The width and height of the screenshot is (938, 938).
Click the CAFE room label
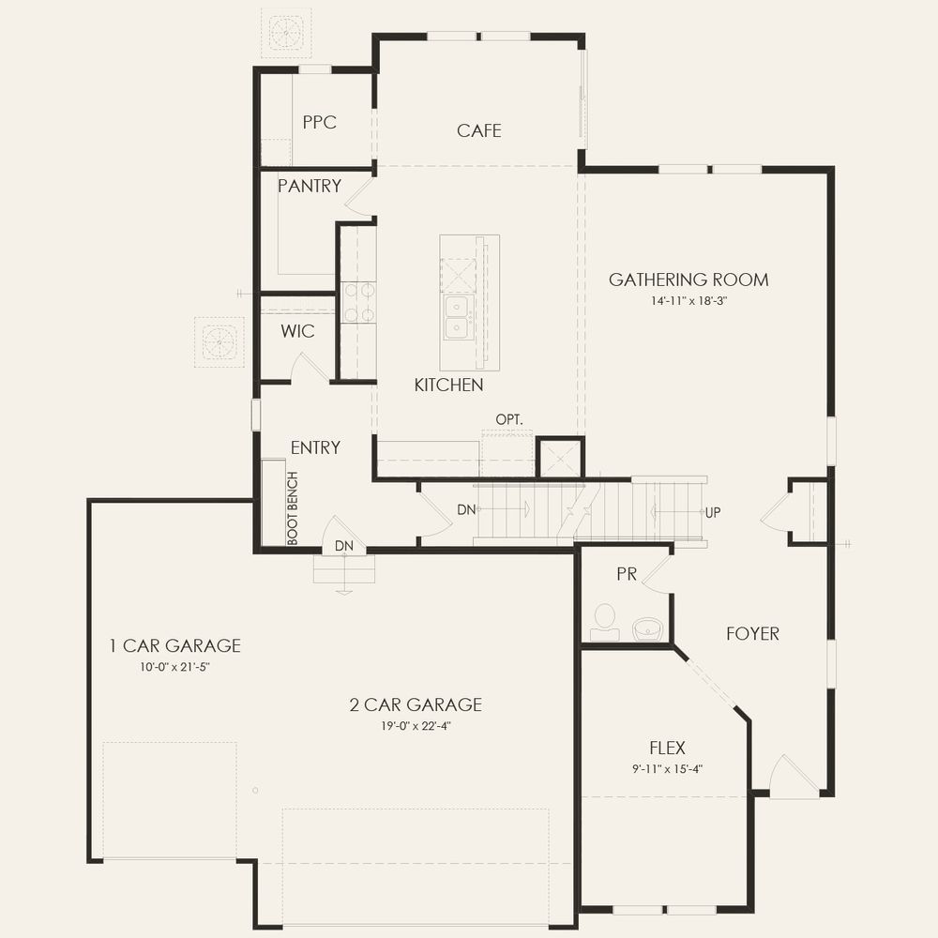pyautogui.click(x=478, y=130)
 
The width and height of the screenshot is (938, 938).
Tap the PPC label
pyautogui.click(x=320, y=122)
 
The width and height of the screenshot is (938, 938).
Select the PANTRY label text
pyautogui.click(x=310, y=186)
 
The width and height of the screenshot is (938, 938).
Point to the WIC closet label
pyautogui.click(x=297, y=331)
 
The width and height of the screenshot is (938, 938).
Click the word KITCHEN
pyautogui.click(x=448, y=385)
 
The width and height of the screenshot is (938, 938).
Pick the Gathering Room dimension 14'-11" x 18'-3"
pyautogui.click(x=688, y=300)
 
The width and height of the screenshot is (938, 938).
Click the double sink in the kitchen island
pyautogui.click(x=459, y=317)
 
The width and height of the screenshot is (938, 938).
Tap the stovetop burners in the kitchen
pyautogui.click(x=358, y=303)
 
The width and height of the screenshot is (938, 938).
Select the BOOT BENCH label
pyautogui.click(x=293, y=508)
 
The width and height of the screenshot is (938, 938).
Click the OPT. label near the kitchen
pyautogui.click(x=509, y=419)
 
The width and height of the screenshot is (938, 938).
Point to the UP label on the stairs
pyautogui.click(x=713, y=512)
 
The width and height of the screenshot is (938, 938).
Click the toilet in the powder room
pyautogui.click(x=605, y=622)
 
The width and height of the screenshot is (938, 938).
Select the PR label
pyautogui.click(x=627, y=574)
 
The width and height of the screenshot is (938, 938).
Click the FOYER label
pyautogui.click(x=752, y=633)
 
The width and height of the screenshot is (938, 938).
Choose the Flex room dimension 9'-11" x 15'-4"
pyautogui.click(x=667, y=769)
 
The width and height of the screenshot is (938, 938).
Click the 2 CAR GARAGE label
pyautogui.click(x=416, y=704)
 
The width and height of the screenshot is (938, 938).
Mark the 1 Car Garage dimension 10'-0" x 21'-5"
pyautogui.click(x=174, y=666)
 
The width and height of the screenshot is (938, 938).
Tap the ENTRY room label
pyautogui.click(x=315, y=447)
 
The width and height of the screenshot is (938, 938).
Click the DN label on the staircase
pyautogui.click(x=466, y=509)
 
